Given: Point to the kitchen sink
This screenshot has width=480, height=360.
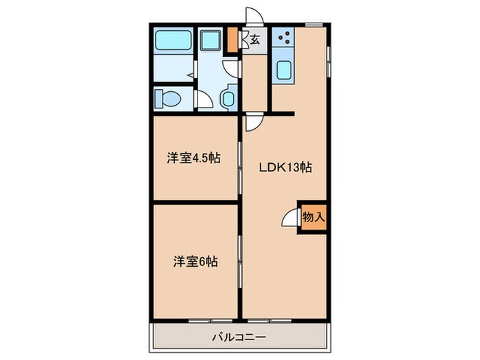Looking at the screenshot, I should tap(283, 69).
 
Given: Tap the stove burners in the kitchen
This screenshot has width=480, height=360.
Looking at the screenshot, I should tap(283, 37).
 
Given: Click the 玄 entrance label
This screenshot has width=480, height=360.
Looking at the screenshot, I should tap(254, 39).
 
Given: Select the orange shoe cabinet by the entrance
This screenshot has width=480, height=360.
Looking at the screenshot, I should tap(233, 40).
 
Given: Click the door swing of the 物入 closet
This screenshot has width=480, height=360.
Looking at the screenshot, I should tap(289, 217).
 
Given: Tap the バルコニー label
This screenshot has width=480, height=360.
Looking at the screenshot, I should tap(238, 336).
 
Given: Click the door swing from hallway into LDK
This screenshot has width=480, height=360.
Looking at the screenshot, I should tap(253, 123).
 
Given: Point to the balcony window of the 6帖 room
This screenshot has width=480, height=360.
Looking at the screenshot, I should tap(195, 320).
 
